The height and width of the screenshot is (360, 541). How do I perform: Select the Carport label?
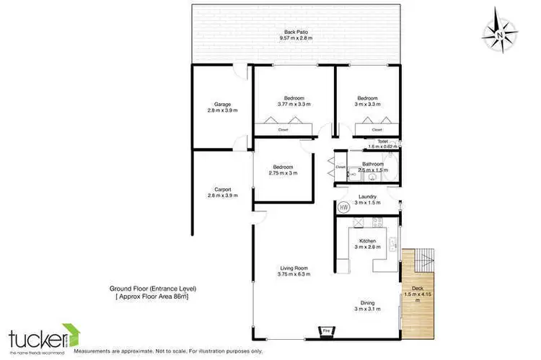[x=222, y=193]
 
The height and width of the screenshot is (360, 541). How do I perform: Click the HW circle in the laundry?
[x=344, y=206]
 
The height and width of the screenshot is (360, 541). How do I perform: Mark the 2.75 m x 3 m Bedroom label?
[x=283, y=170]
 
